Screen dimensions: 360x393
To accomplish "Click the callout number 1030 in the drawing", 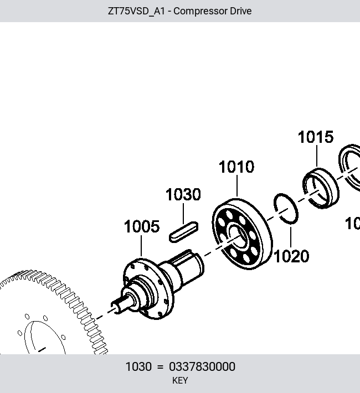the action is [183, 194].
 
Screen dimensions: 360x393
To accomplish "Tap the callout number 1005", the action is [142, 226].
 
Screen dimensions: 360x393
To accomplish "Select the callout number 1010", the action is [236, 167].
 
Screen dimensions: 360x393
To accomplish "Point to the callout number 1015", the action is [316, 137].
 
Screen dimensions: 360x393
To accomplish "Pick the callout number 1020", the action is [291, 256].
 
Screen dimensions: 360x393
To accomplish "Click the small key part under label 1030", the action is [184, 232].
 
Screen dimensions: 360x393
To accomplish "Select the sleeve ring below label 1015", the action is [321, 188].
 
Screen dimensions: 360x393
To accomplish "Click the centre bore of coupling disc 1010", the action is [238, 236].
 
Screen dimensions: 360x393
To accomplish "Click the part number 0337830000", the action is [202, 366].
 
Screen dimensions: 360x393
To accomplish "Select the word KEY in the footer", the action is [180, 380].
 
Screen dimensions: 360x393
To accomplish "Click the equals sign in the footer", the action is [160, 367].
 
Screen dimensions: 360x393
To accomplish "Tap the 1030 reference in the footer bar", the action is [138, 366].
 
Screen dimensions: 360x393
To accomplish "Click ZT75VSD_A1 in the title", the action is [136, 12].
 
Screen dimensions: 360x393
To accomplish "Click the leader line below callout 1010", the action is [237, 186].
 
